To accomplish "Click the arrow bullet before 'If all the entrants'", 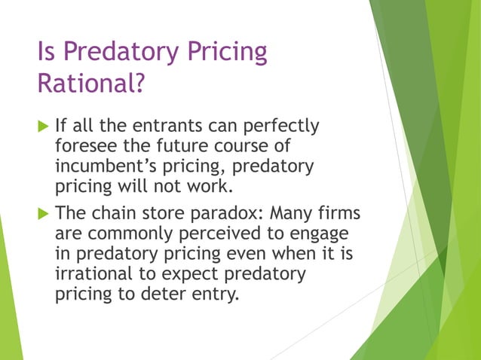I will point(42,126).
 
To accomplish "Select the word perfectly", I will point(282,125).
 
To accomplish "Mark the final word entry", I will point(218,293).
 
